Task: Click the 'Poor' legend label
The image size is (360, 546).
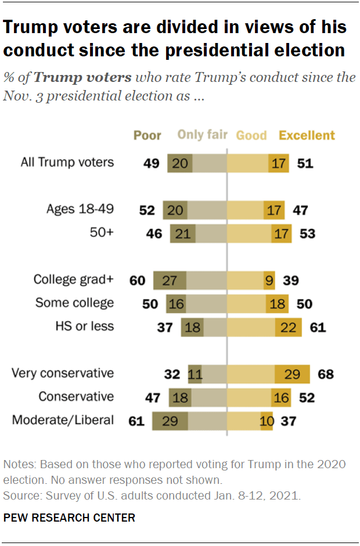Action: (x=147, y=135)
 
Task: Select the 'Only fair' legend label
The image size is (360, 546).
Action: (x=202, y=135)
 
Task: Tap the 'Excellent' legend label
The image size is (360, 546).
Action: (x=307, y=135)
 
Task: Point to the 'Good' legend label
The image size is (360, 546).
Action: (x=251, y=135)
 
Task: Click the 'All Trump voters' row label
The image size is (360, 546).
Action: (x=67, y=163)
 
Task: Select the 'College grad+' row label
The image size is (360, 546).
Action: (x=74, y=279)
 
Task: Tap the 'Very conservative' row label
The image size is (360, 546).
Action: (x=63, y=373)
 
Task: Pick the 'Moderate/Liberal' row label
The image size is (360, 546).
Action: (x=63, y=419)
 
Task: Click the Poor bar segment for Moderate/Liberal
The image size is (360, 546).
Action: (x=170, y=420)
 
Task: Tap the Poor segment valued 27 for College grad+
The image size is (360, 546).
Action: (x=170, y=280)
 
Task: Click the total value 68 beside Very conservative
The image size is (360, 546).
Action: (x=326, y=373)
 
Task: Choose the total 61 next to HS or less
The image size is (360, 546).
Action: (x=318, y=327)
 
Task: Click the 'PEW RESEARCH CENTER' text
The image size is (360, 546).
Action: (x=69, y=518)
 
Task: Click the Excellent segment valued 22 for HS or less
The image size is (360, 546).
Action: (x=289, y=327)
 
